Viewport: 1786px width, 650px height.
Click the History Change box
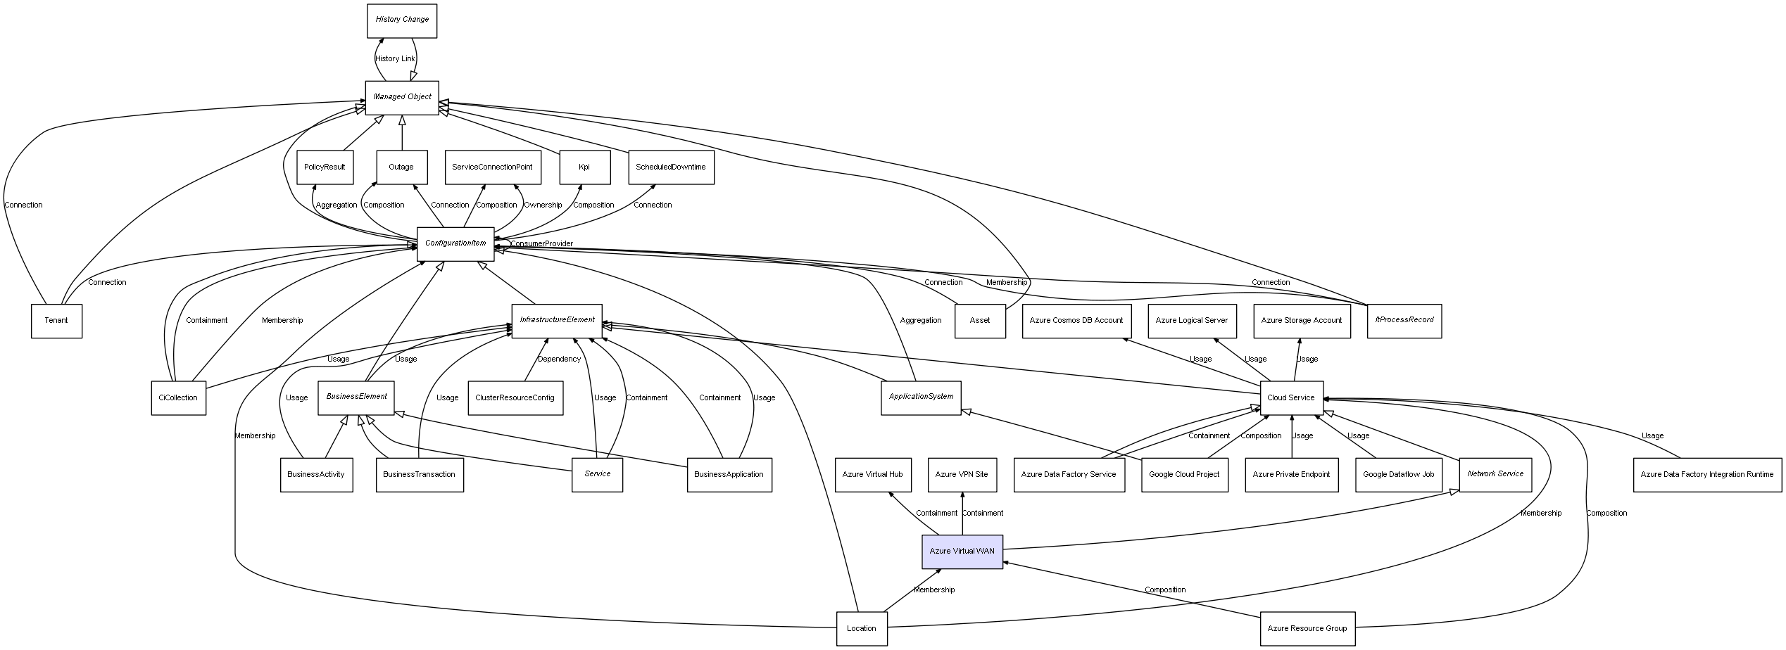point(402,20)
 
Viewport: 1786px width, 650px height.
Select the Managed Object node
point(402,97)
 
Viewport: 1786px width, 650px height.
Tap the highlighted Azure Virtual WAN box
point(962,552)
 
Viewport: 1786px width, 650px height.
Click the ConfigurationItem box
point(455,243)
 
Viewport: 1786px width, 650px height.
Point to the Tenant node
point(56,321)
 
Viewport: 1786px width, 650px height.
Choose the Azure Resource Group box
point(1307,628)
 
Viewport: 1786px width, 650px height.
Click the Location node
point(861,628)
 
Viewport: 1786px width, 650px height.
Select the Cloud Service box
point(1291,398)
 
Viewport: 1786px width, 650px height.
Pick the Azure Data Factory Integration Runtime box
point(1706,475)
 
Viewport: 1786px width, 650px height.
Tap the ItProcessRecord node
point(1404,320)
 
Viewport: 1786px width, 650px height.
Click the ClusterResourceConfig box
point(515,398)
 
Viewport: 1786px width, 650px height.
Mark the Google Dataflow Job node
point(1398,475)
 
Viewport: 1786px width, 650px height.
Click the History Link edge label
point(395,59)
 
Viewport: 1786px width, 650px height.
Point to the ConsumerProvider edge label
point(541,244)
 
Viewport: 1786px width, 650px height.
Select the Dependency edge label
point(559,359)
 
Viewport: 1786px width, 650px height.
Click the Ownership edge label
point(543,205)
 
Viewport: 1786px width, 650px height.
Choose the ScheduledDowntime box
point(670,167)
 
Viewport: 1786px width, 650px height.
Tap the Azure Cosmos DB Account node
point(1076,321)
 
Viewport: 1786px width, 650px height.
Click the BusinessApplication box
point(729,475)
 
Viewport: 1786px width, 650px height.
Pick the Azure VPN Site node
point(961,475)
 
